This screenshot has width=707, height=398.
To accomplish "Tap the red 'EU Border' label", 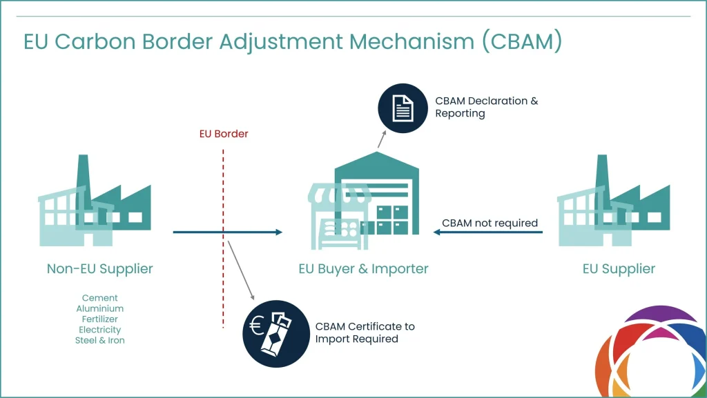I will coord(219,134).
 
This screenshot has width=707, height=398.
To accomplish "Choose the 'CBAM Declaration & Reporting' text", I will coord(486,107).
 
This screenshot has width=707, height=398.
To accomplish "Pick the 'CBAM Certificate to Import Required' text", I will coord(365,332).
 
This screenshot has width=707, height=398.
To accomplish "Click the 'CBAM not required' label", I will coord(490,223).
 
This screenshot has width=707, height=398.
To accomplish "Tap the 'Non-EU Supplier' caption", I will coord(100,268).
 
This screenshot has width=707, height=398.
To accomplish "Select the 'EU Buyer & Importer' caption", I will coord(363,268).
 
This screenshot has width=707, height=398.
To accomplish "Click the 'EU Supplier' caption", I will coord(619,268).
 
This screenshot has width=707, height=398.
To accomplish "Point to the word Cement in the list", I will coord(100,298).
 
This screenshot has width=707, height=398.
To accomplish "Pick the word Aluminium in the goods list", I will coord(100,308).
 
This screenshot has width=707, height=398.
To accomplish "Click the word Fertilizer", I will coord(100,319).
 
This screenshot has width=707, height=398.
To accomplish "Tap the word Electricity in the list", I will coord(100,330).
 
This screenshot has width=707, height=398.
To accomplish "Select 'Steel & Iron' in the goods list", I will coord(100,340).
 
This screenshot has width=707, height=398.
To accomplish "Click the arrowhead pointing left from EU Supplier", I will coord(437,232).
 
